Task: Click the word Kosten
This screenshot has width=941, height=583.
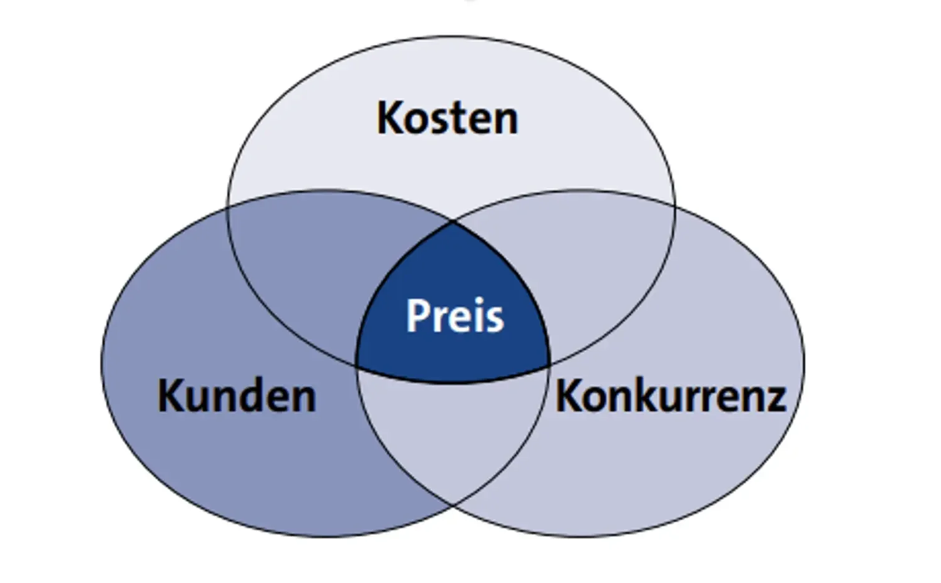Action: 447,118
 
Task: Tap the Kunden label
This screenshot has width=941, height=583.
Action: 236,396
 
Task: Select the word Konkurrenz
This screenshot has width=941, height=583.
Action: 670,396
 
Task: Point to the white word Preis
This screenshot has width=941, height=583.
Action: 454,316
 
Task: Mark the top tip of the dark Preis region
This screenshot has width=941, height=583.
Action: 454,222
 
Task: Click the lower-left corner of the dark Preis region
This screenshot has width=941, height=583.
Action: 357,365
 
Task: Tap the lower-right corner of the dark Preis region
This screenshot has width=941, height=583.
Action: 549,364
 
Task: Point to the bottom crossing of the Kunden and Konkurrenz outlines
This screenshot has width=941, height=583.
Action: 452,503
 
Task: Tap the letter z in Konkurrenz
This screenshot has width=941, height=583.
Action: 774,399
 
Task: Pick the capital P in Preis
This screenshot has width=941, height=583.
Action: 417,316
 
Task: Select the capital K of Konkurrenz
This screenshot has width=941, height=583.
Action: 568,396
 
